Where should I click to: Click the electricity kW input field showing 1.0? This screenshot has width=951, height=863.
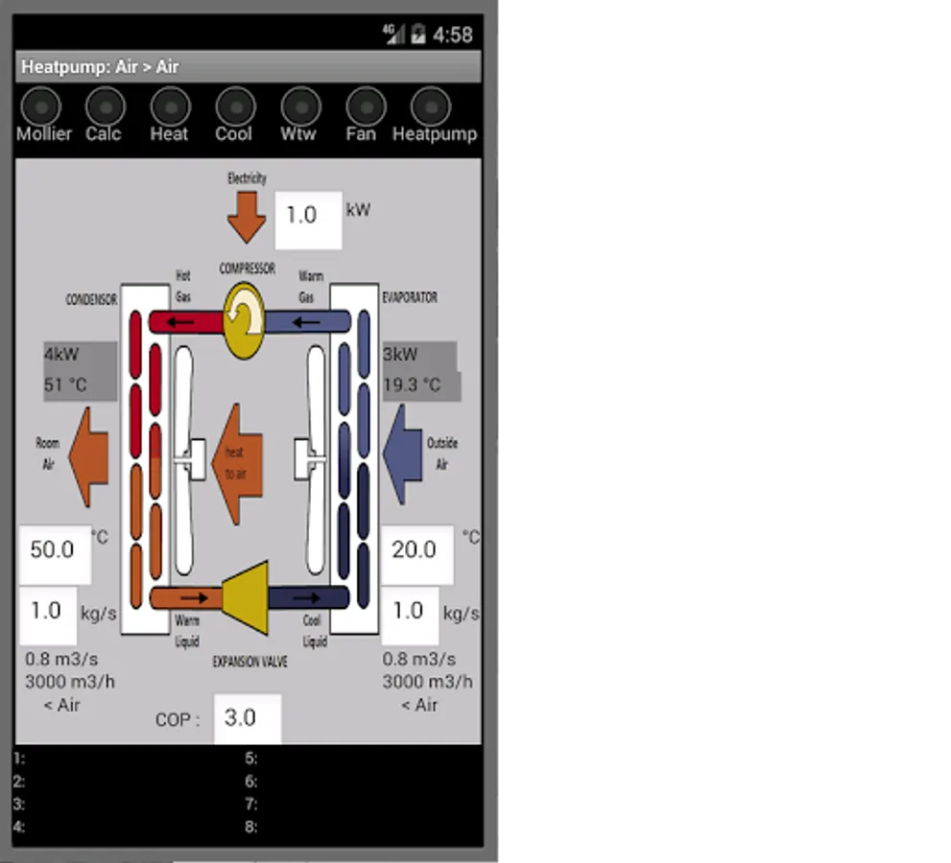pyautogui.click(x=308, y=217)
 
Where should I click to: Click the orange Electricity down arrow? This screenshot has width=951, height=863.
pyautogui.click(x=247, y=217)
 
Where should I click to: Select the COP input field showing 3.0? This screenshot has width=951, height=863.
pyautogui.click(x=247, y=718)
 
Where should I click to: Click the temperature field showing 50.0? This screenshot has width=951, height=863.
pyautogui.click(x=55, y=551)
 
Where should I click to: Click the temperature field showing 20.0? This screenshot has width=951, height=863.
pyautogui.click(x=416, y=551)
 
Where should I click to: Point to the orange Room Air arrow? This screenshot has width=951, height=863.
pyautogui.click(x=88, y=456)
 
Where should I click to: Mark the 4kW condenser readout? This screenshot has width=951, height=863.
pyautogui.click(x=62, y=354)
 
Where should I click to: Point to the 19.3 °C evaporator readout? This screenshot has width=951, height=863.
pyautogui.click(x=413, y=385)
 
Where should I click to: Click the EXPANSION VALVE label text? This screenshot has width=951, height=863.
pyautogui.click(x=250, y=662)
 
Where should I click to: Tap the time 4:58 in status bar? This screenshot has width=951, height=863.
pyautogui.click(x=452, y=35)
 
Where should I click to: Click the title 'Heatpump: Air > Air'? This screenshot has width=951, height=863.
pyautogui.click(x=101, y=67)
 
